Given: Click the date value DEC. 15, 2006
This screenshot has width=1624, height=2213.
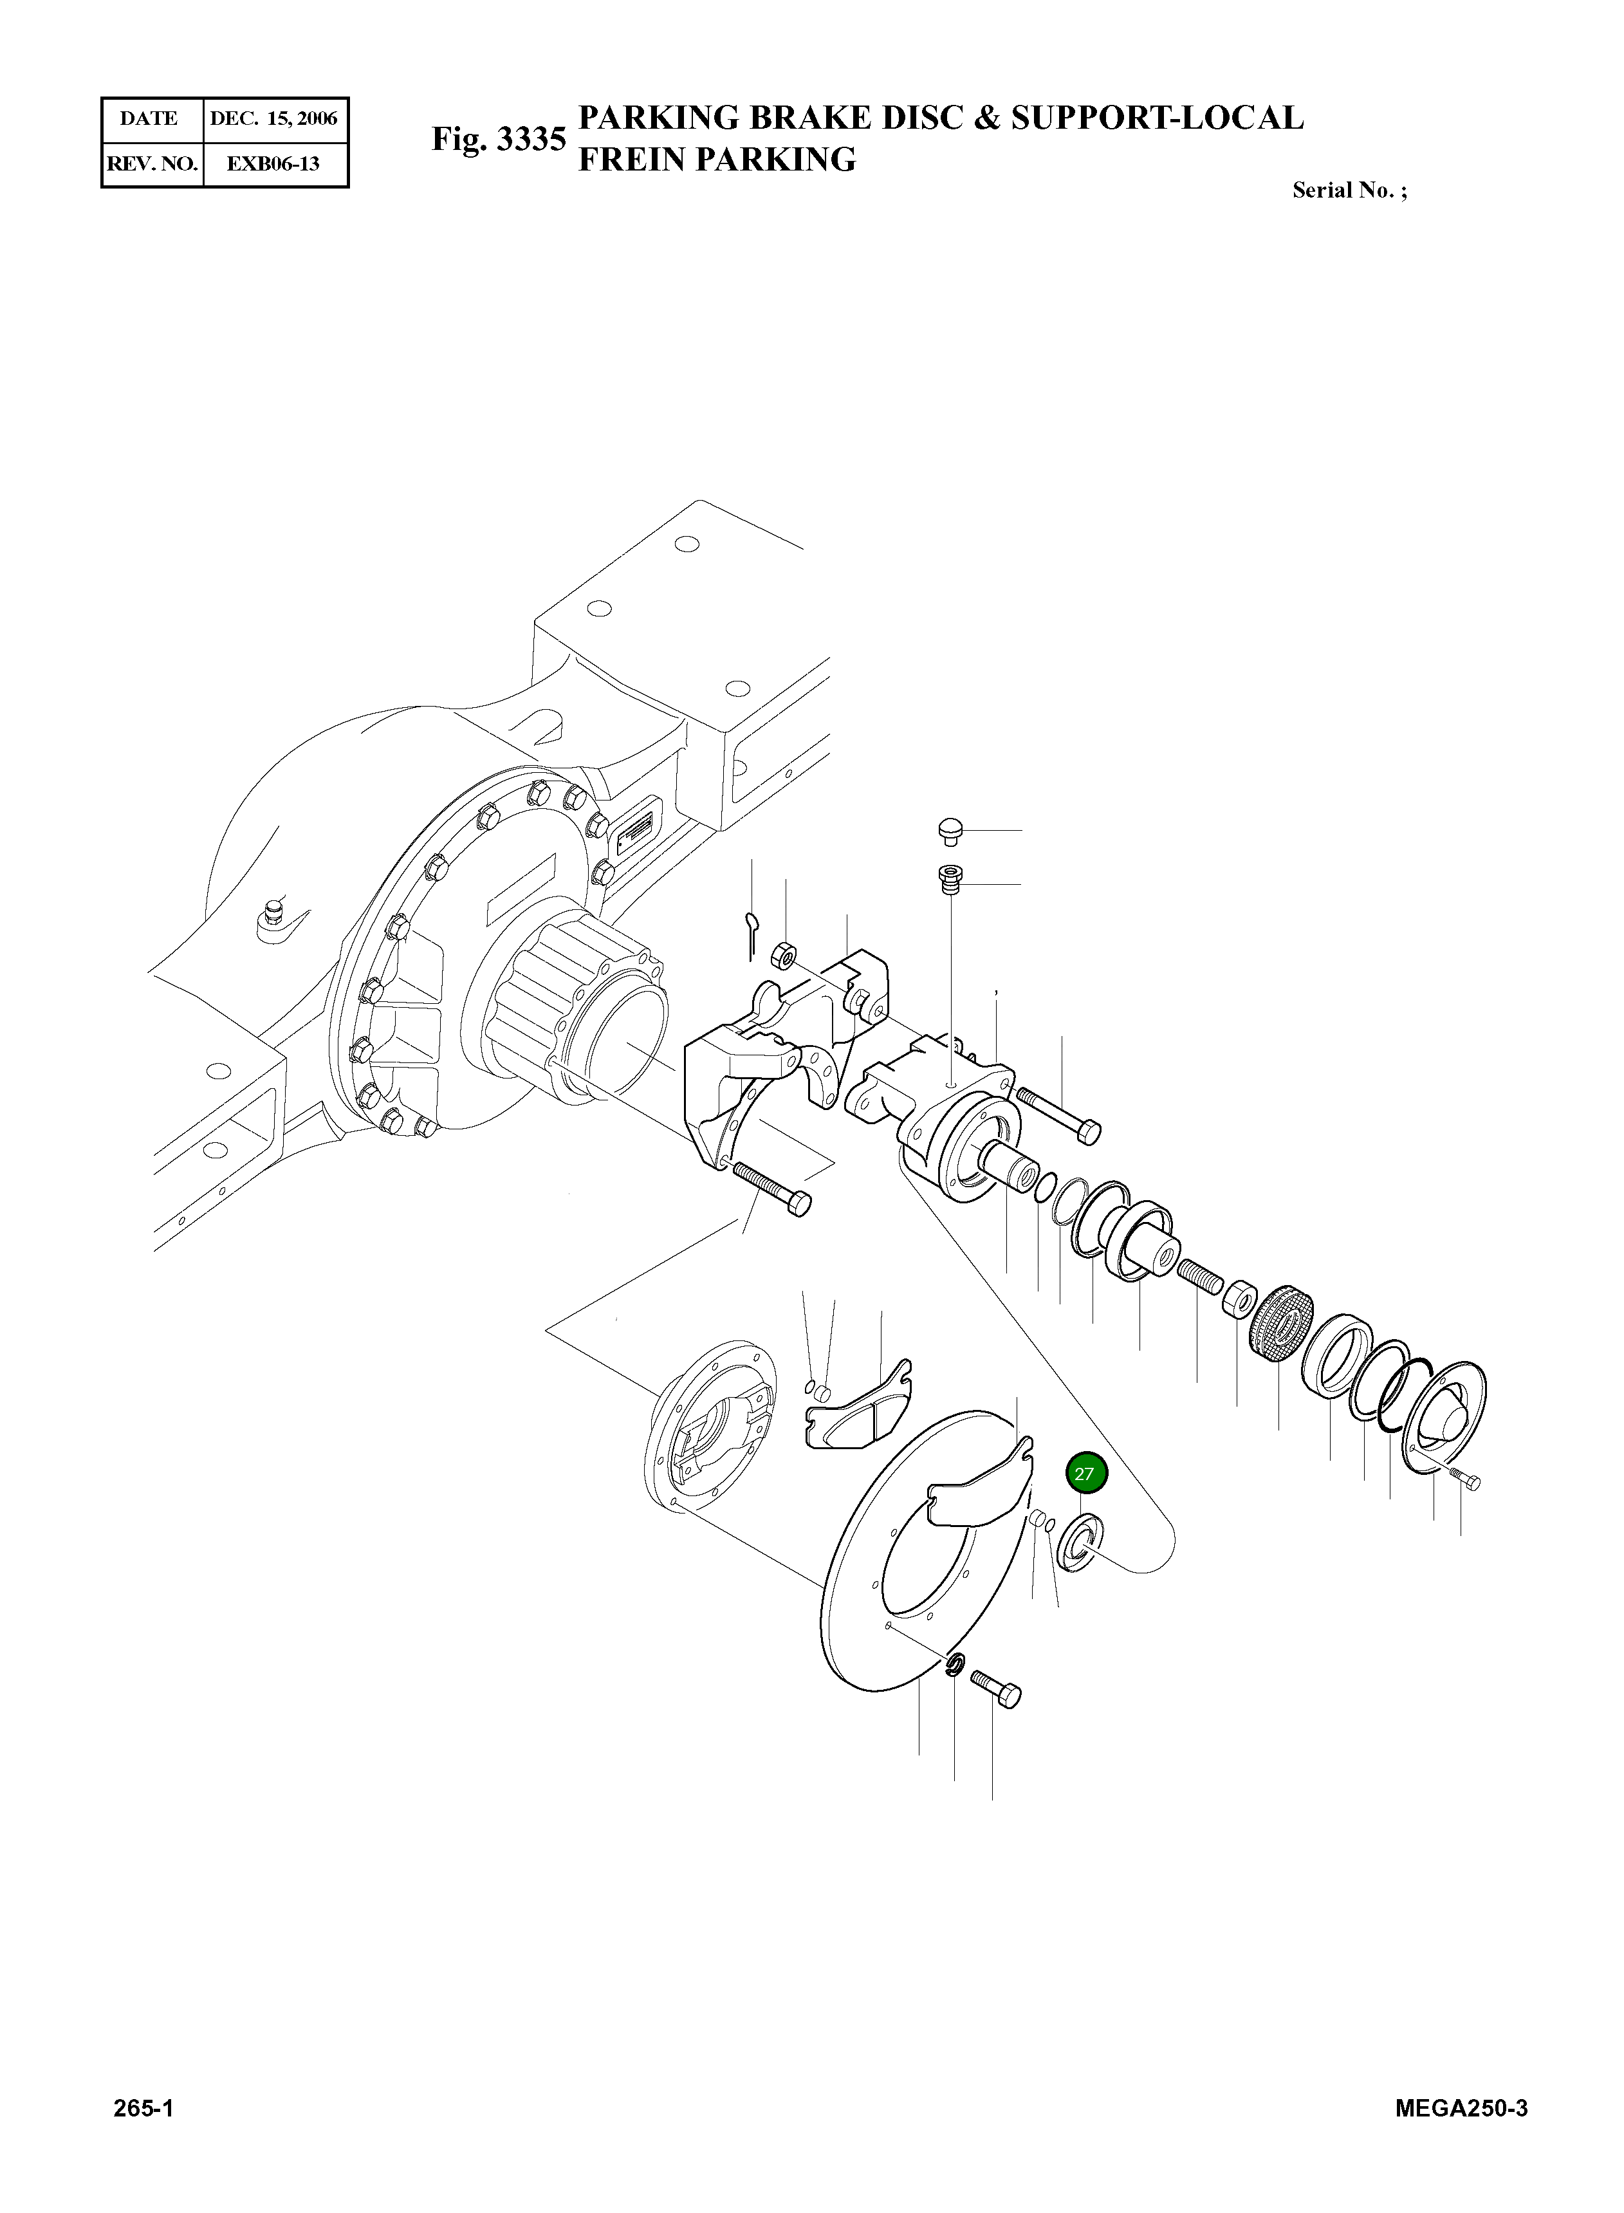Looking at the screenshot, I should [273, 119].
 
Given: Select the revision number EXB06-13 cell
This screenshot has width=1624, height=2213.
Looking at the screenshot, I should [273, 163].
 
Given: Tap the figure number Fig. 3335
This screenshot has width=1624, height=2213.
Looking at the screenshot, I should [499, 140].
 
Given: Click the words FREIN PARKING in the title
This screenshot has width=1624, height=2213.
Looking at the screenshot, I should [717, 159].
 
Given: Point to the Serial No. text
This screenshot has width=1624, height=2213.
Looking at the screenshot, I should [1349, 190].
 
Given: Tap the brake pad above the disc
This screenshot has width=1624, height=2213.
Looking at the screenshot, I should [858, 1406].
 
